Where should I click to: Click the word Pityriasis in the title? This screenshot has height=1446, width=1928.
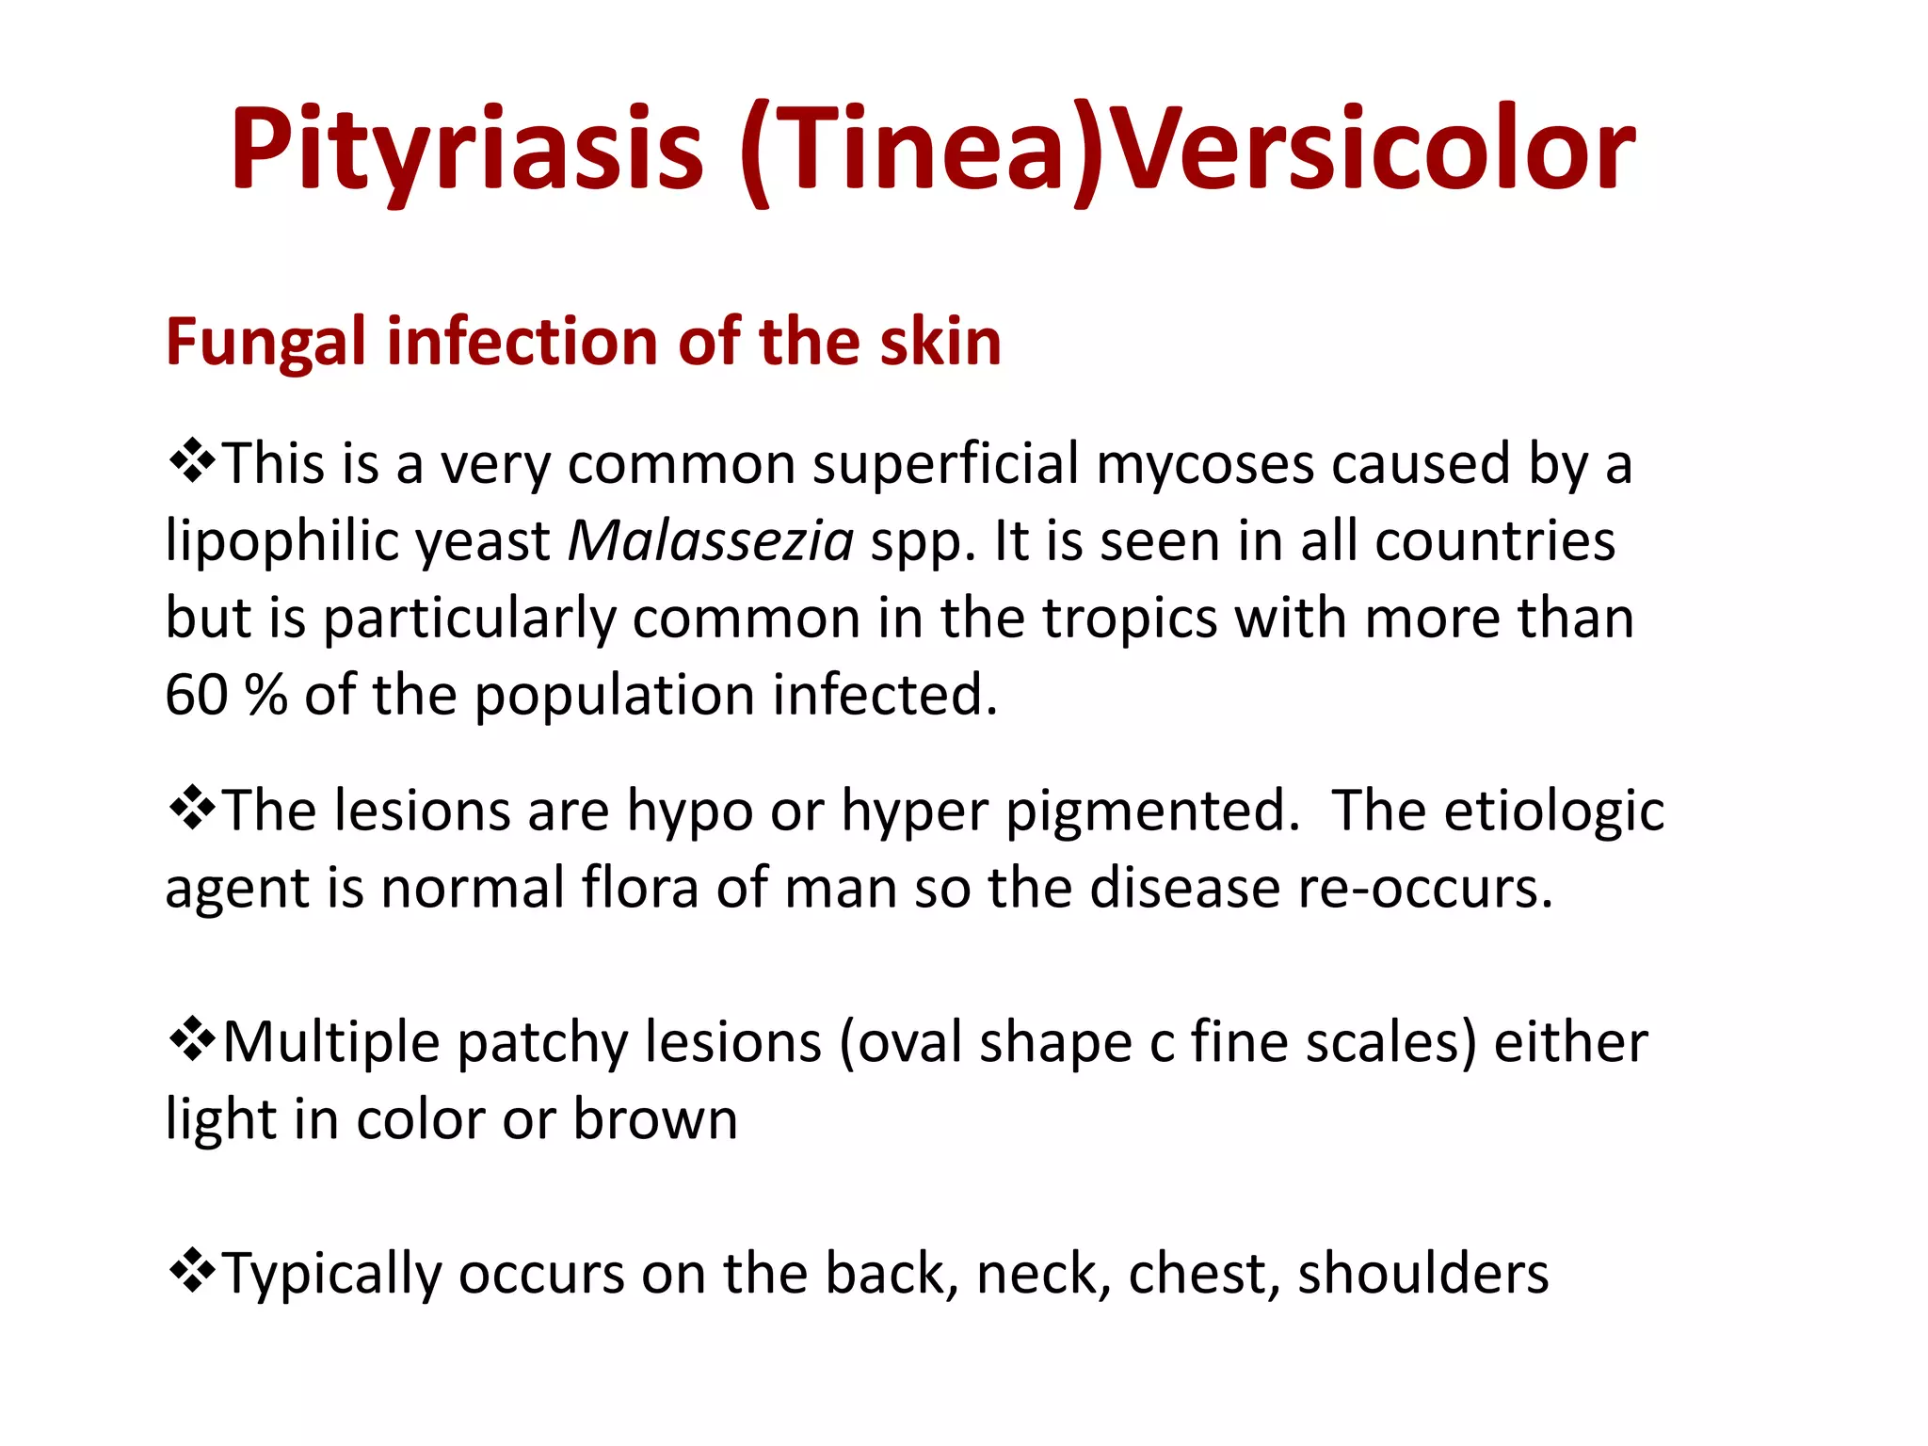(x=466, y=151)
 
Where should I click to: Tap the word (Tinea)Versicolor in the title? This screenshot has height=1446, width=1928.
(x=1188, y=151)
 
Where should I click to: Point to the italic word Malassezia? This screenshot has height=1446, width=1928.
(x=711, y=541)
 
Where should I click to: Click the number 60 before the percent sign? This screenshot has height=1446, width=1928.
(x=197, y=696)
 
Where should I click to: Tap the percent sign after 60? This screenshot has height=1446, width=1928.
(x=265, y=696)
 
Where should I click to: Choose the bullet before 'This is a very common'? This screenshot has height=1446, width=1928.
(x=192, y=461)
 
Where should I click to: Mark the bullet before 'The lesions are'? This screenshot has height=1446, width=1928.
(x=192, y=808)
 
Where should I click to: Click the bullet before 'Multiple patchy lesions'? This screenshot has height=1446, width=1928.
(x=192, y=1039)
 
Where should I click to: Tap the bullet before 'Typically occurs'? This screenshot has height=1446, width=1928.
(x=192, y=1271)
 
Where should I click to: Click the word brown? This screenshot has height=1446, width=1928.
(x=655, y=1119)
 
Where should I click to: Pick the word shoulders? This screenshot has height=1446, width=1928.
(x=1422, y=1274)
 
